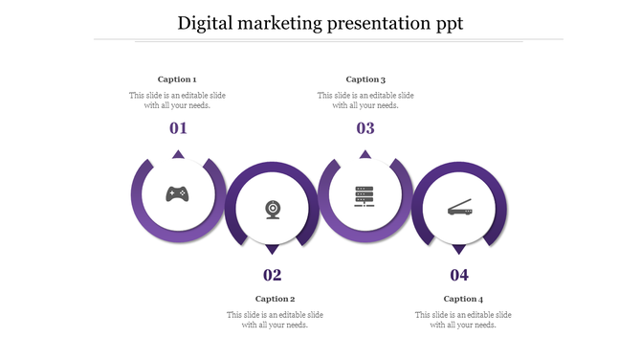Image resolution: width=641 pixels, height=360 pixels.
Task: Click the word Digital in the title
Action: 207,23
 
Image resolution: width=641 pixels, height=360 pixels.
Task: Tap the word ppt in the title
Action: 446,23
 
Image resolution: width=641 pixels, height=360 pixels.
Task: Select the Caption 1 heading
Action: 177,79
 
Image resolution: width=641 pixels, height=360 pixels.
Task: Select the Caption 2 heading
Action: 275,299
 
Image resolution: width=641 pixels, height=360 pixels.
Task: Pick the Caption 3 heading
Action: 365,79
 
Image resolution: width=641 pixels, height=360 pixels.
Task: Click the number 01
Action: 178,128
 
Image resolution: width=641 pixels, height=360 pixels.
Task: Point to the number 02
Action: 273,276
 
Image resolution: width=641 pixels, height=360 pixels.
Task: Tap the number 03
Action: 365,128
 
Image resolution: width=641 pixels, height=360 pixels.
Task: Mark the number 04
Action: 459,276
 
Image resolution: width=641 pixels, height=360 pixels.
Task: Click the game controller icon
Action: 177,194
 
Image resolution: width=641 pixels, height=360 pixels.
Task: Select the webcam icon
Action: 273,209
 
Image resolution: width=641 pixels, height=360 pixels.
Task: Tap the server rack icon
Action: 365,195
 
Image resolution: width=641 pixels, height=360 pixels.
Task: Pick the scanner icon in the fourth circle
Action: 459,208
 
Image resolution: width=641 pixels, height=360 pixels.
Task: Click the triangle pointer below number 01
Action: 178,154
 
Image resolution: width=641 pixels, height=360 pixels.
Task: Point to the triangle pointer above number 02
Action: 273,249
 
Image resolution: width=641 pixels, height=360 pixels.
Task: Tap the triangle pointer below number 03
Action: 365,154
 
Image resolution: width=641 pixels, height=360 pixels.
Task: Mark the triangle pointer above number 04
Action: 459,249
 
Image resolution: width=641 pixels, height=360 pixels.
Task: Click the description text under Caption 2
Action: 275,320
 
